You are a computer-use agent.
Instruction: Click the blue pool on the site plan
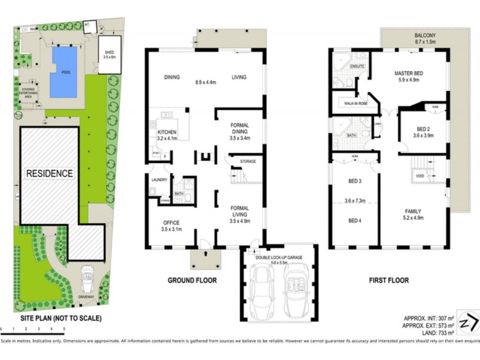click(x=64, y=72)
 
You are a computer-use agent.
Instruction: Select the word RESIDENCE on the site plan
click(x=49, y=173)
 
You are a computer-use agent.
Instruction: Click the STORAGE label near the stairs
click(x=248, y=162)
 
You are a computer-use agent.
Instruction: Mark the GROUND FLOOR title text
click(x=191, y=280)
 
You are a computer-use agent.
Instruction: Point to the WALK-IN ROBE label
click(x=356, y=104)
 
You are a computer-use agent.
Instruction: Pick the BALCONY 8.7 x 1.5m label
click(x=427, y=38)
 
